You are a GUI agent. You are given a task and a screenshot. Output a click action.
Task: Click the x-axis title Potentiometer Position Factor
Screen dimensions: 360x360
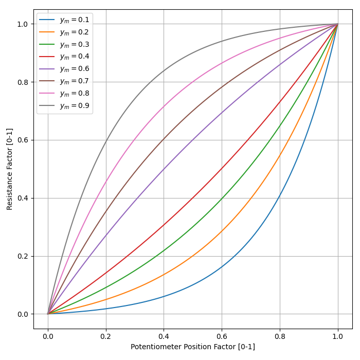[x=193, y=347]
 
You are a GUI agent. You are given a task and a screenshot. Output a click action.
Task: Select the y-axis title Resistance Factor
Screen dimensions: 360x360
[x=10, y=169]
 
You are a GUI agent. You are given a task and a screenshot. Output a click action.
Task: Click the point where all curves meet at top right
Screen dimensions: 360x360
[x=338, y=24]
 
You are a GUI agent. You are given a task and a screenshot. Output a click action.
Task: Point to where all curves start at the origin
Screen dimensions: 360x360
[x=48, y=314]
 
